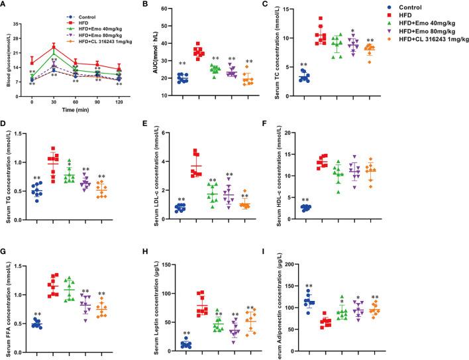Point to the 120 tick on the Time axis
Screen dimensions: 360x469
[x=119, y=101]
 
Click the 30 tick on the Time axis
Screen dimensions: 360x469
[x=54, y=101]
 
